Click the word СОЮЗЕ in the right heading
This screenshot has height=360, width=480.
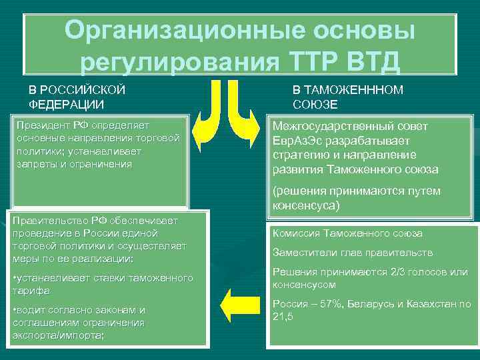click(x=315, y=105)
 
